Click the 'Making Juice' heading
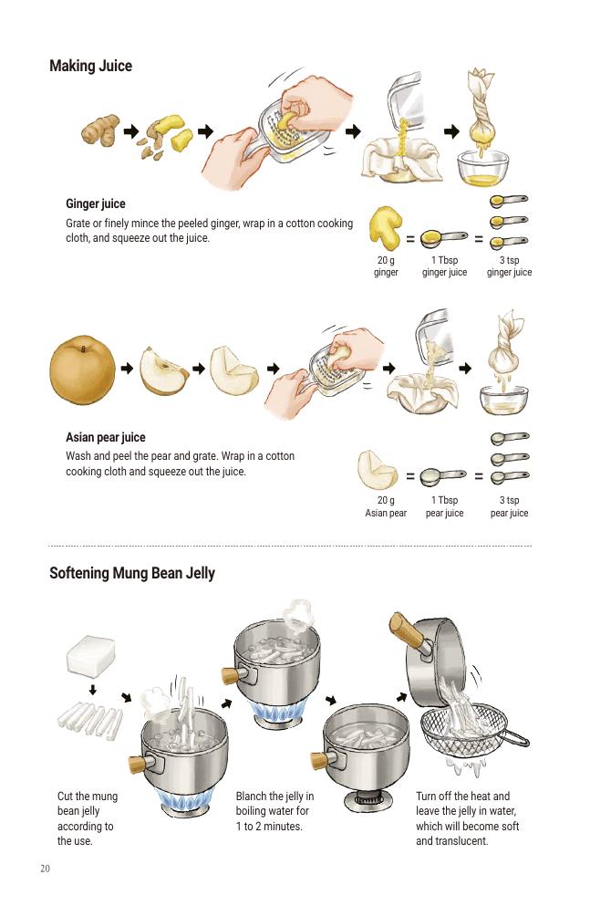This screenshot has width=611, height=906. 90,66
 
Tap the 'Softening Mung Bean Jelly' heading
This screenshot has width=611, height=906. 132,573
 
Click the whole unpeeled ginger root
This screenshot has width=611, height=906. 100,130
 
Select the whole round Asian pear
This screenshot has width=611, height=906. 83,370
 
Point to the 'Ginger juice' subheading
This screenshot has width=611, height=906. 95,203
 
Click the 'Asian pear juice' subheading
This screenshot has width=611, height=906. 106,437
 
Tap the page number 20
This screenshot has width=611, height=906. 45,869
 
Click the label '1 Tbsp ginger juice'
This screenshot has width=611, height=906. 445,266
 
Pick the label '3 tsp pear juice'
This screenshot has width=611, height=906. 510,506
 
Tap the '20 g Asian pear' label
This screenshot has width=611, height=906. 386,506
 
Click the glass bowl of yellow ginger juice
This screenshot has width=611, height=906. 483,168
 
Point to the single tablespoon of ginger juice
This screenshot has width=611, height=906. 443,237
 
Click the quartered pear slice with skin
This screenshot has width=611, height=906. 163,371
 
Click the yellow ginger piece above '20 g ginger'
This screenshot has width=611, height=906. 385,228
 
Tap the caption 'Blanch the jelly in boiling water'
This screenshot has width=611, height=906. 274,804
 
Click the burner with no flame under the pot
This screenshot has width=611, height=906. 367,799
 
